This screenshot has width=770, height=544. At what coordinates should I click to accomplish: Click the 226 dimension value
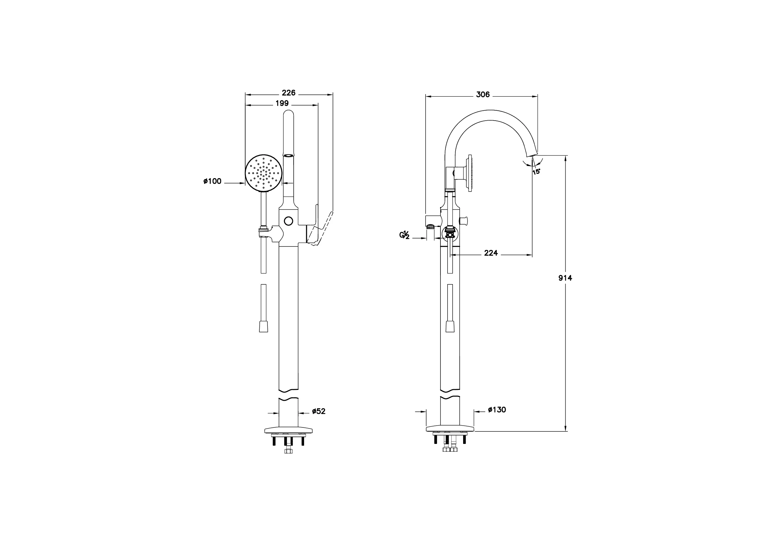pos(289,93)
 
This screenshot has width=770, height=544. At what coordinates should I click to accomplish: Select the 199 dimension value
pos(282,104)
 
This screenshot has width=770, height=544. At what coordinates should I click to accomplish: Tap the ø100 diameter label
pos(212,181)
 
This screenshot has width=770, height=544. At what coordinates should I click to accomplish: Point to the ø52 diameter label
pos(319,411)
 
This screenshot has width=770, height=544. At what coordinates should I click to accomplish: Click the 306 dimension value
pos(483,95)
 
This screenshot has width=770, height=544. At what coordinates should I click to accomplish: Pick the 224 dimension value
pos(491,253)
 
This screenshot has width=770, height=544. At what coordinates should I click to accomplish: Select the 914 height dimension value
pos(565,278)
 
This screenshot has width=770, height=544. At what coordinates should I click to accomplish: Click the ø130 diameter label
pos(497,409)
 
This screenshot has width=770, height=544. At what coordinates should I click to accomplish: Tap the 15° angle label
pos(536,172)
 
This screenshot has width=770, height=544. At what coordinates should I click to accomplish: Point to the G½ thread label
pos(404,235)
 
